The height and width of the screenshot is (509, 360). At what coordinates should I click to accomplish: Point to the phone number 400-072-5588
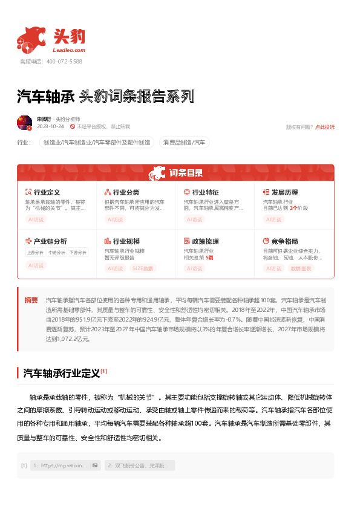tap(64, 62)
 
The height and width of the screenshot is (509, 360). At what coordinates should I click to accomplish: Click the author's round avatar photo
tap(24, 123)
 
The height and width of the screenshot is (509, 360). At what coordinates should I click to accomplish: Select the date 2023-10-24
tap(50, 127)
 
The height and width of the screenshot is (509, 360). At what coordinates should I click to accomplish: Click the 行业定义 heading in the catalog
tap(47, 192)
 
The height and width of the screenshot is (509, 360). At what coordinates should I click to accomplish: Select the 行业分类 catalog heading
tap(126, 192)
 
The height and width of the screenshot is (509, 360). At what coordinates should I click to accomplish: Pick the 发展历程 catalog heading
tap(284, 192)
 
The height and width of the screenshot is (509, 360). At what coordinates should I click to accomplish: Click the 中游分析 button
tap(56, 253)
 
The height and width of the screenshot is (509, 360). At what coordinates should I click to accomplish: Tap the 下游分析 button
tap(77, 253)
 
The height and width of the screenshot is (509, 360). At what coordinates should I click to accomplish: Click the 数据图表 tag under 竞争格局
tap(301, 268)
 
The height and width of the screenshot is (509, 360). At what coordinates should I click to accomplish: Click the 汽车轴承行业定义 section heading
tap(62, 372)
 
